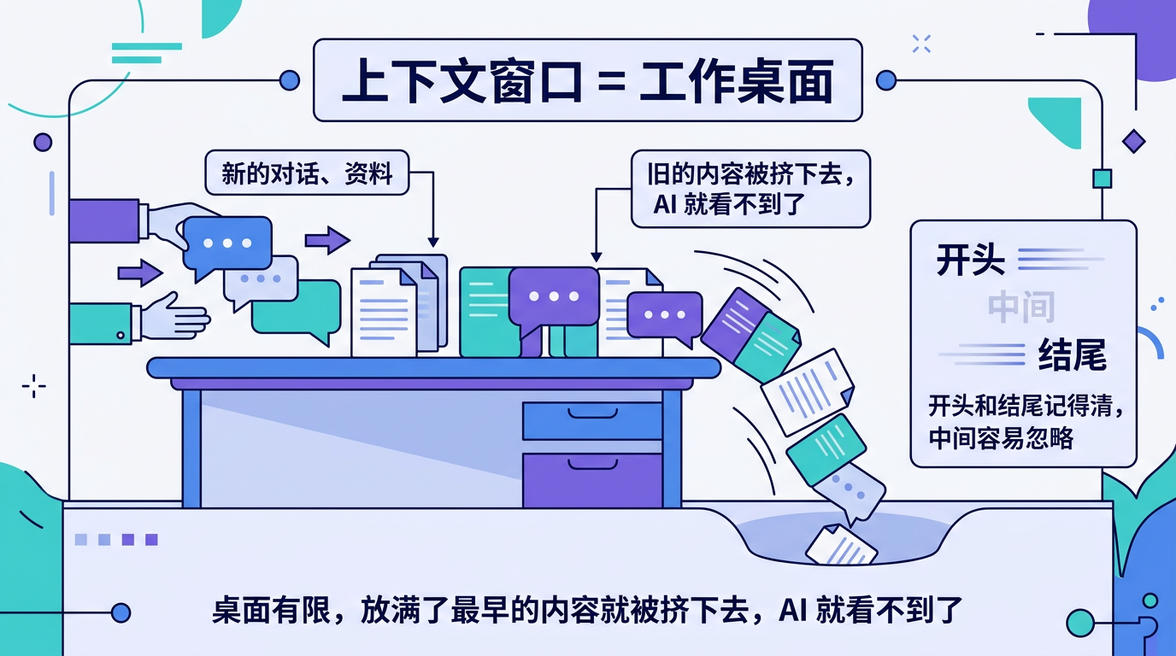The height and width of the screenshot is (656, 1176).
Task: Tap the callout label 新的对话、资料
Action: [x=307, y=173]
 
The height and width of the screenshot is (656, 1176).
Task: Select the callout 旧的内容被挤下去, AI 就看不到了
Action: [x=750, y=189]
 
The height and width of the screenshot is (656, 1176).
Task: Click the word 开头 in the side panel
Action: [x=970, y=260]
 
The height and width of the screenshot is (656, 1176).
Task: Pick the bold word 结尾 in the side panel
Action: [x=1073, y=354]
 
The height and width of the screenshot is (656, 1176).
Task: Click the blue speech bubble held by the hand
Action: [x=227, y=243]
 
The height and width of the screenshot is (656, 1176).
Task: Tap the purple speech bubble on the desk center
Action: [x=553, y=297]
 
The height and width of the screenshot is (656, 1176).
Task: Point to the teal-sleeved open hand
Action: [x=175, y=318]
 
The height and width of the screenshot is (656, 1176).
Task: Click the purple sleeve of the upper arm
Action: [x=103, y=220]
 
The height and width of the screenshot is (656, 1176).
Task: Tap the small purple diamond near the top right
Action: [x=1133, y=142]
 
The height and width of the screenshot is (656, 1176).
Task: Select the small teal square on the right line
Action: [x=1102, y=179]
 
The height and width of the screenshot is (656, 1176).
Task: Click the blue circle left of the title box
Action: [x=290, y=80]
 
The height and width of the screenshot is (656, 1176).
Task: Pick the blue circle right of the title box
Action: [x=886, y=80]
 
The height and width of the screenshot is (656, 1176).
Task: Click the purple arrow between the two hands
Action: [x=138, y=273]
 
